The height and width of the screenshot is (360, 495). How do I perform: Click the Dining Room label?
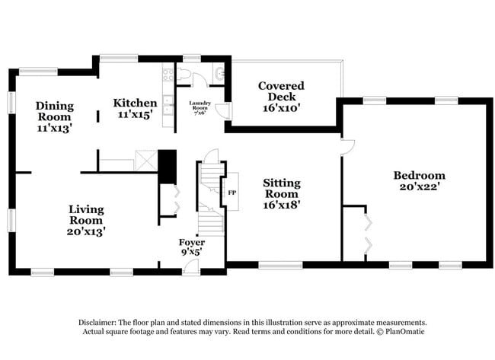53,117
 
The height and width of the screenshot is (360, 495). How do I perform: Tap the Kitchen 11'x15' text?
135,109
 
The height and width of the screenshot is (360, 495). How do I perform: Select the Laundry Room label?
201,107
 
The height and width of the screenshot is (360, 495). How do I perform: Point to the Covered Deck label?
281,97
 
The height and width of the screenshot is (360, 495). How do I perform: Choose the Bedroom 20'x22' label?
418,181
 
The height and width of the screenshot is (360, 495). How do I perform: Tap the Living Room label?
86,219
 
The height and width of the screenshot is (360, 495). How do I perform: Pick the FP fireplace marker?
232,192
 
